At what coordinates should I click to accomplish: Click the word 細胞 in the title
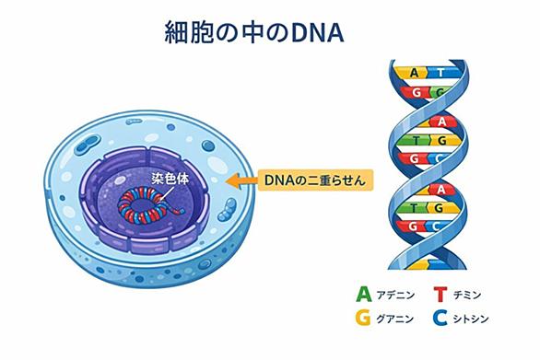pos(189,32)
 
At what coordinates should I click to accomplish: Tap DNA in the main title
pos(318,33)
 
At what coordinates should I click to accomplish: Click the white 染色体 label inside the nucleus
pos(170,179)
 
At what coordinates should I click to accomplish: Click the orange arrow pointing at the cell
pos(241,180)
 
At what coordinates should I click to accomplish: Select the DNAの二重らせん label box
pos(315,180)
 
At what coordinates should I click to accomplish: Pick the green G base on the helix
pos(439,93)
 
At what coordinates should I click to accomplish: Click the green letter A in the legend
pos(364,295)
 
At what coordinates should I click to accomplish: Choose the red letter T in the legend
pos(440,295)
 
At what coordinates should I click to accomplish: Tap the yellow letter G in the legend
pos(363,318)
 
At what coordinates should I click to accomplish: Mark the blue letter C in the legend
pos(440,318)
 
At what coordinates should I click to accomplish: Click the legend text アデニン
pos(395,295)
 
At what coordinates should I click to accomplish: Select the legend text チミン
pos(467,295)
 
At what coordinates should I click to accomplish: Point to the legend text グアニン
pos(395,319)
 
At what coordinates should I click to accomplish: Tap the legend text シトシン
pos(471,319)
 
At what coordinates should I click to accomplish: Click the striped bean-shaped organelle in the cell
pos(228,209)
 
